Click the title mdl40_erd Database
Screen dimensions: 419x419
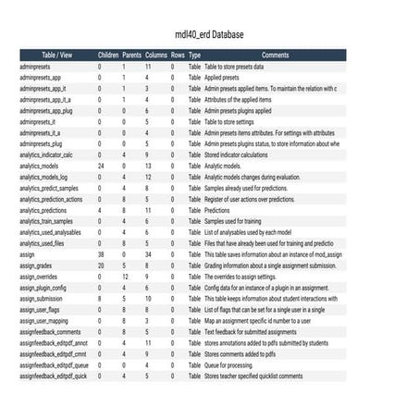[x=209, y=35]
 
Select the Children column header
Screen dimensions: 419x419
[x=108, y=55]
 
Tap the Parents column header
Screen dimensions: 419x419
[x=132, y=55]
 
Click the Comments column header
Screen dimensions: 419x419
[x=275, y=55]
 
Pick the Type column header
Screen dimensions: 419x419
[x=194, y=55]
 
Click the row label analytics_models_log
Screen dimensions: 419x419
[x=43, y=177]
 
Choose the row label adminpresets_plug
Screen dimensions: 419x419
[x=41, y=143]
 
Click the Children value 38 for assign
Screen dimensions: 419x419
[x=101, y=254]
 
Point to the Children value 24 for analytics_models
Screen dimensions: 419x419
[x=101, y=166]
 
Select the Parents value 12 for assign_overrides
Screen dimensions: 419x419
[x=124, y=277]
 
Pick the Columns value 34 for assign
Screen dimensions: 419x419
[x=148, y=254]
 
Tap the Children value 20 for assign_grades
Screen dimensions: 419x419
[x=101, y=265]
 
